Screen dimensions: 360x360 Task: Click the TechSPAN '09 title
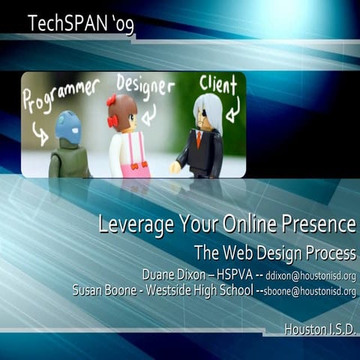(82, 23)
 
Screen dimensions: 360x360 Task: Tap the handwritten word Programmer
(60, 94)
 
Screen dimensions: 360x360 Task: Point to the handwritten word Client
(218, 84)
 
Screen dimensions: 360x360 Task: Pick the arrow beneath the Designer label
(148, 112)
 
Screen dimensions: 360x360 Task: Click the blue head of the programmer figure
(68, 127)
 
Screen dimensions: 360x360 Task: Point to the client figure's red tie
(199, 139)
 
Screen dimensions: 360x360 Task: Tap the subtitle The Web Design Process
(274, 251)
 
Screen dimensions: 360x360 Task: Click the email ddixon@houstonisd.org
(310, 275)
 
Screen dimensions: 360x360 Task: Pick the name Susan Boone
(104, 290)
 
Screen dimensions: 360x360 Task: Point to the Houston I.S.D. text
(319, 328)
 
